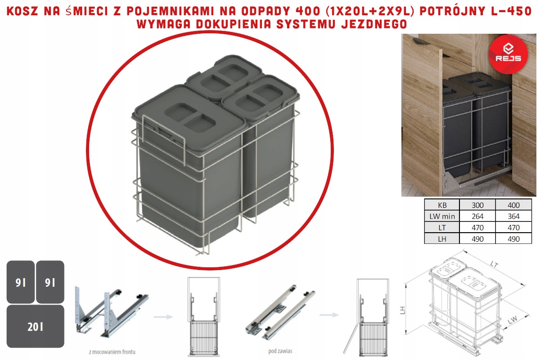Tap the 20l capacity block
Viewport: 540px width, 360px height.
click(35, 326)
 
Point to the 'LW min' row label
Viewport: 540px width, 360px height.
click(442, 216)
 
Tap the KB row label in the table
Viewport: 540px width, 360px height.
click(442, 204)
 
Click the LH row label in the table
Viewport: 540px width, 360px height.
click(442, 239)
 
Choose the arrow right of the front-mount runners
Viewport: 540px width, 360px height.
click(163, 317)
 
